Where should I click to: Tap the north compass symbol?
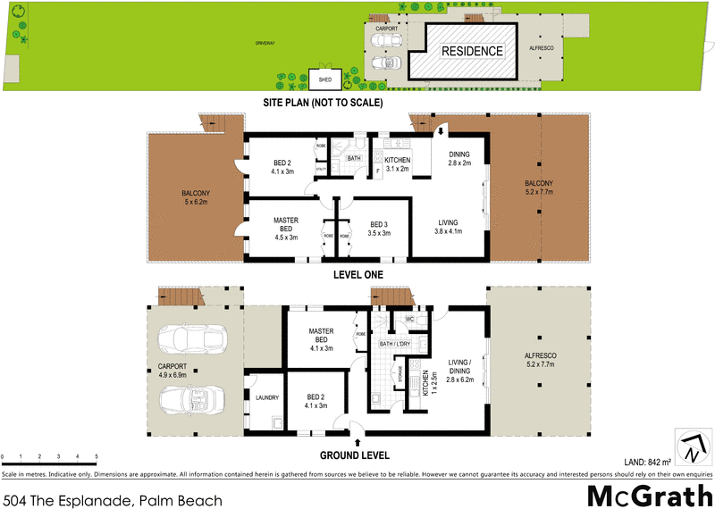coord(689,441)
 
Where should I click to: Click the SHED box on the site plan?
coord(325,79)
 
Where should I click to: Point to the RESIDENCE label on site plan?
coord(471,51)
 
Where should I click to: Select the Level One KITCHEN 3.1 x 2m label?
coord(391,163)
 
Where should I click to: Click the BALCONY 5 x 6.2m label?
coord(196,198)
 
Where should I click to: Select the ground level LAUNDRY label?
coord(267,398)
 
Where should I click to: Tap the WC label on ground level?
coord(408,318)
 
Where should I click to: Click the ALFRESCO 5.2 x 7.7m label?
coord(539,359)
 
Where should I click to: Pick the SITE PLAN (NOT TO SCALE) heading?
coord(323,103)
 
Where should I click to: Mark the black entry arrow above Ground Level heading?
coord(358,441)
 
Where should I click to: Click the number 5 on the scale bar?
coord(96,456)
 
